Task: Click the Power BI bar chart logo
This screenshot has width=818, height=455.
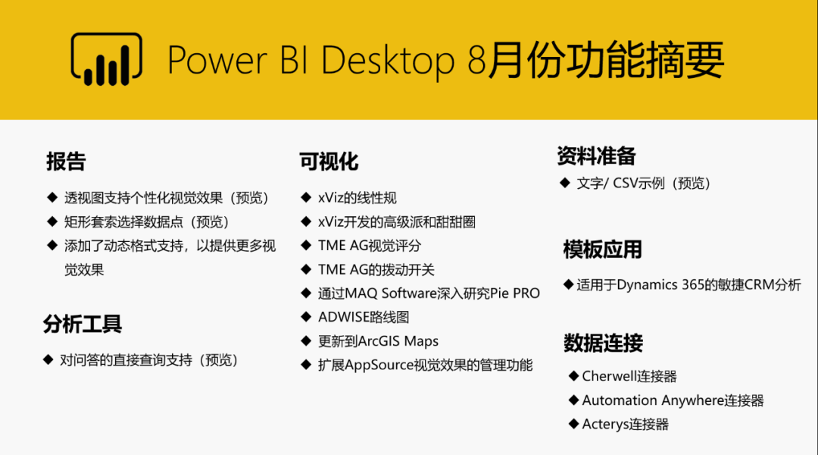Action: pyautogui.click(x=107, y=59)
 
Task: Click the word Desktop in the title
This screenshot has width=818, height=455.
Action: pyautogui.click(x=388, y=61)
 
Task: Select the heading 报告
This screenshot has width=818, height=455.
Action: pyautogui.click(x=66, y=162)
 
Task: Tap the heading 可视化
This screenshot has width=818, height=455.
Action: pyautogui.click(x=329, y=162)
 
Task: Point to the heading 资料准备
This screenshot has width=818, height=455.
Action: pyautogui.click(x=596, y=155)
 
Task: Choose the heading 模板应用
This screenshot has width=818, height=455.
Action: pyautogui.click(x=603, y=249)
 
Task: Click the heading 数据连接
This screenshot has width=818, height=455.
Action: pyautogui.click(x=603, y=343)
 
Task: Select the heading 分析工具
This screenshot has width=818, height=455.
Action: pyautogui.click(x=83, y=324)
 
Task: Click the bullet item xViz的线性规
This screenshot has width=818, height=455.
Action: pyautogui.click(x=357, y=198)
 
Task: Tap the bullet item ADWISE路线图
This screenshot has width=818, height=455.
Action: pyautogui.click(x=364, y=317)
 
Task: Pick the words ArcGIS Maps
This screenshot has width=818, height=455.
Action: pyautogui.click(x=398, y=341)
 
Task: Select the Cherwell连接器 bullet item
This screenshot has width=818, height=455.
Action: pyautogui.click(x=629, y=376)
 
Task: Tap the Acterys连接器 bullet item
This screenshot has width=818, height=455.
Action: pyautogui.click(x=626, y=424)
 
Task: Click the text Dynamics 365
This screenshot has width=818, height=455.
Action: pyautogui.click(x=660, y=284)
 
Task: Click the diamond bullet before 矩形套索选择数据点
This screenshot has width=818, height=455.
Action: pyautogui.click(x=52, y=221)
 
